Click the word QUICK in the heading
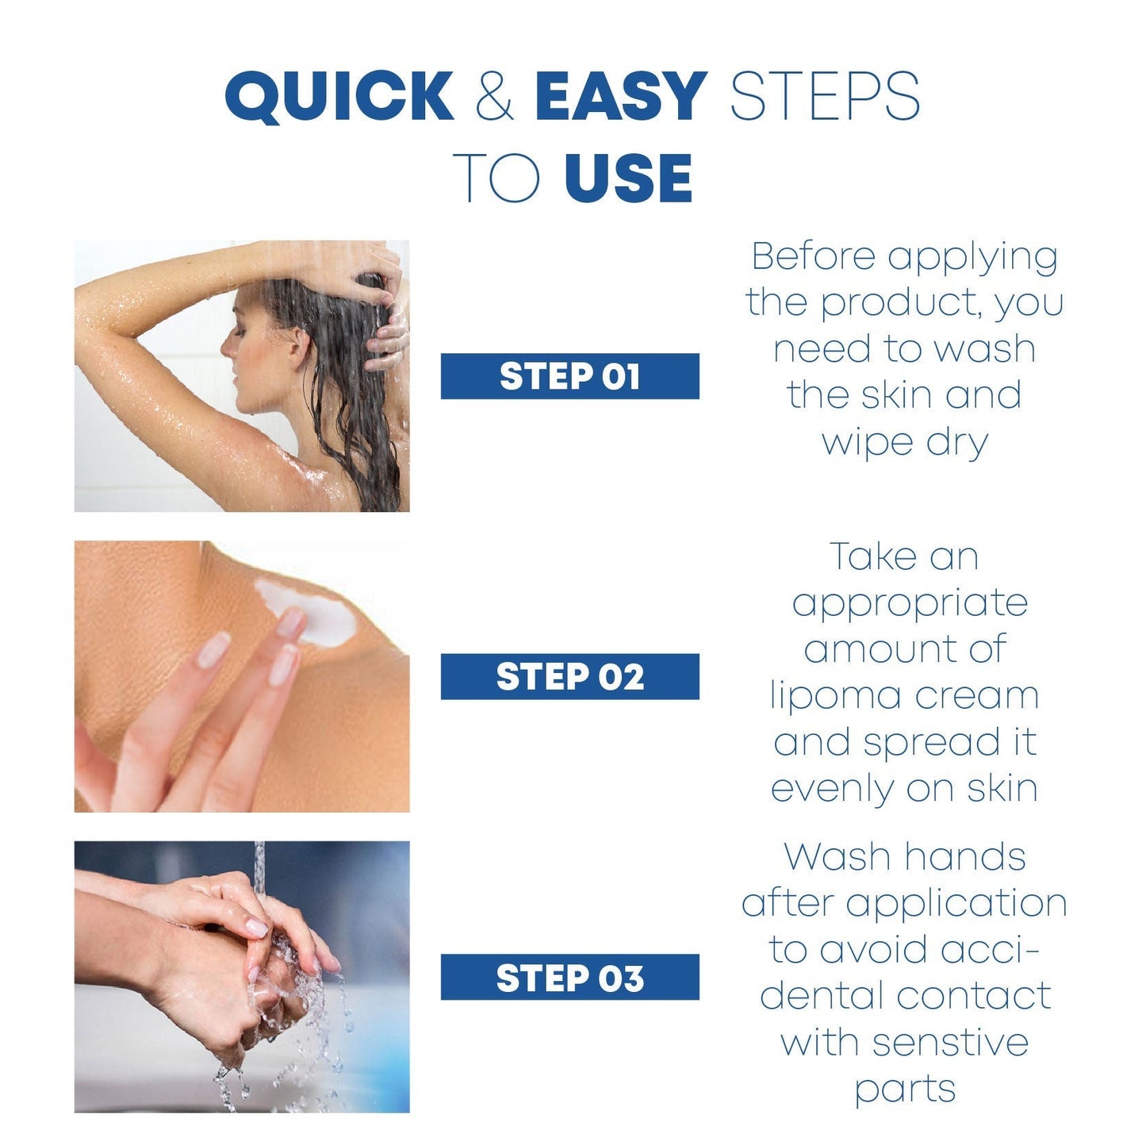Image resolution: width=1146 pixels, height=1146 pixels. pos(339,96)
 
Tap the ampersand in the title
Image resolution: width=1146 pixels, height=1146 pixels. pos(494,96)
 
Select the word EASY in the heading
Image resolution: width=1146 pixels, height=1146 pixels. pos(622,96)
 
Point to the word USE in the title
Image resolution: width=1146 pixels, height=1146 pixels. pos(629,178)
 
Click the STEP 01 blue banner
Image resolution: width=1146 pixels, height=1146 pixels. pos(569,376)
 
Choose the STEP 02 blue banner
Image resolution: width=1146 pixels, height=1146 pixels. pos(569,676)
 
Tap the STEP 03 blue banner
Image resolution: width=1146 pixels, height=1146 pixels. pos(569,977)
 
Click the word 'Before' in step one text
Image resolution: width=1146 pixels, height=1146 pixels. pos(814,256)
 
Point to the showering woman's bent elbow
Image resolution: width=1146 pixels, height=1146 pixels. pos(88,310)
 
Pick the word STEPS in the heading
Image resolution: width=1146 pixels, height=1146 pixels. pos(825,96)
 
